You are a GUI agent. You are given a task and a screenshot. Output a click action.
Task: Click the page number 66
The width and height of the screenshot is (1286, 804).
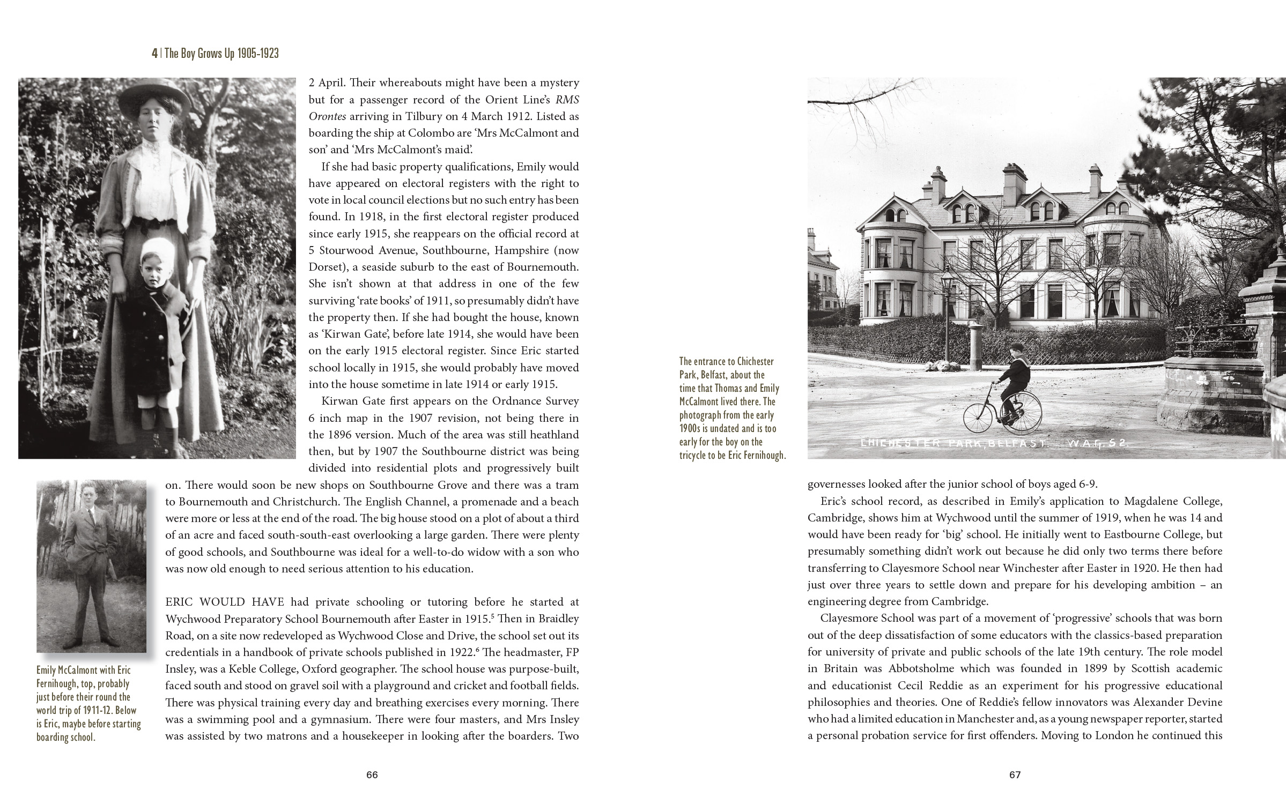point(372,775)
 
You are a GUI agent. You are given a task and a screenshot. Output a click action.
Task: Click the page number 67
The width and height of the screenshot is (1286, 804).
point(1015,775)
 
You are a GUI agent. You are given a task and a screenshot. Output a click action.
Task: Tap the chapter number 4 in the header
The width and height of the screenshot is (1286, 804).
point(154,54)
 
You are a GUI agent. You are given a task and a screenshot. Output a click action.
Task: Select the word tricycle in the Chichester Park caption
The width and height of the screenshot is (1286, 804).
point(698,456)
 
